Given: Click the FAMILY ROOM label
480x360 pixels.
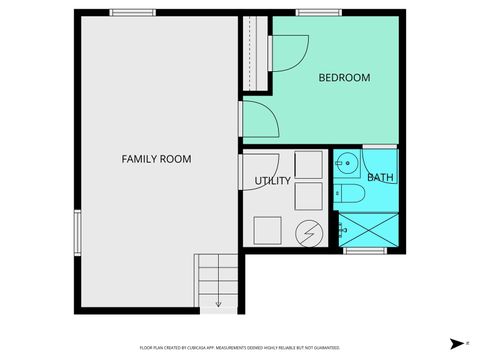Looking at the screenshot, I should pyautogui.click(x=156, y=159).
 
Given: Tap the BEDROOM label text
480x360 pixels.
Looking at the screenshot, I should pyautogui.click(x=344, y=78).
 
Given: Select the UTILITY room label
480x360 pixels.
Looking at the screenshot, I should pyautogui.click(x=272, y=181).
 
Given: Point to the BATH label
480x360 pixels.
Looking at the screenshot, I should pyautogui.click(x=380, y=178).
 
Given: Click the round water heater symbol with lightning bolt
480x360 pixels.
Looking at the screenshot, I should pyautogui.click(x=309, y=232).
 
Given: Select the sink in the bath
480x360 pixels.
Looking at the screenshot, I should pyautogui.click(x=346, y=162).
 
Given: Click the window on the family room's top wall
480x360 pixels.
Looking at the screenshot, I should pyautogui.click(x=132, y=12).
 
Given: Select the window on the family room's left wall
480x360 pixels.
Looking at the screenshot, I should pyautogui.click(x=75, y=232).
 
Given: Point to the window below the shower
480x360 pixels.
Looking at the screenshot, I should pyautogui.click(x=365, y=251).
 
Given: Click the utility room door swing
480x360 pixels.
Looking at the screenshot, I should pyautogui.click(x=258, y=170).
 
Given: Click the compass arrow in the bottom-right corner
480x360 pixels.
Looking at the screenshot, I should pyautogui.click(x=455, y=343).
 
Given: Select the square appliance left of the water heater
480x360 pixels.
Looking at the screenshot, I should pyautogui.click(x=268, y=230).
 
